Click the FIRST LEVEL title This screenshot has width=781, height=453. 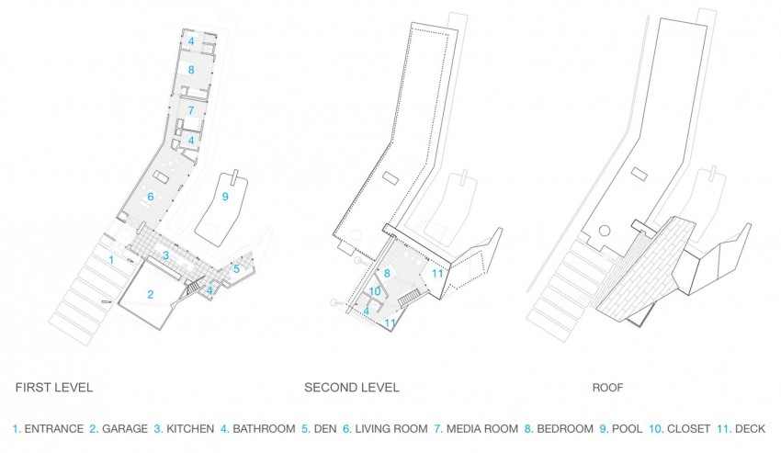pyautogui.click(x=54, y=388)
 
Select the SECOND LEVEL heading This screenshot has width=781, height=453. pyautogui.click(x=352, y=388)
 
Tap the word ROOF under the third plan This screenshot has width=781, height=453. pyautogui.click(x=607, y=388)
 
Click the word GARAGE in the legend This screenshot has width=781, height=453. pyautogui.click(x=125, y=429)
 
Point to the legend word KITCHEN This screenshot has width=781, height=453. pyautogui.click(x=190, y=429)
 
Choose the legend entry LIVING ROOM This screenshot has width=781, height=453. pyautogui.click(x=391, y=429)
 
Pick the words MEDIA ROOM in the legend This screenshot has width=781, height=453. pyautogui.click(x=482, y=429)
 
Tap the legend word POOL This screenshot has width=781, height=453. pyautogui.click(x=627, y=429)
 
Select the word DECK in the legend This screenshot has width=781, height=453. pyautogui.click(x=750, y=429)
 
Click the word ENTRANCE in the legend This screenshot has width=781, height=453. pyautogui.click(x=54, y=429)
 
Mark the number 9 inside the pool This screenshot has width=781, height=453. pyautogui.click(x=225, y=197)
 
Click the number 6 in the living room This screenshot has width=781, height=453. pyautogui.click(x=151, y=197)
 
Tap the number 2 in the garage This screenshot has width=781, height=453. pyautogui.click(x=151, y=295)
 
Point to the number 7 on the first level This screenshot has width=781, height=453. pyautogui.click(x=191, y=110)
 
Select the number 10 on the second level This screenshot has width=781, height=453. pyautogui.click(x=375, y=291)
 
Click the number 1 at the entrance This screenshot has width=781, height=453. pyautogui.click(x=111, y=260)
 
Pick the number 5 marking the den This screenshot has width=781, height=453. pyautogui.click(x=236, y=269)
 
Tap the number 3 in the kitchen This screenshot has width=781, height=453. pyautogui.click(x=166, y=255)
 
